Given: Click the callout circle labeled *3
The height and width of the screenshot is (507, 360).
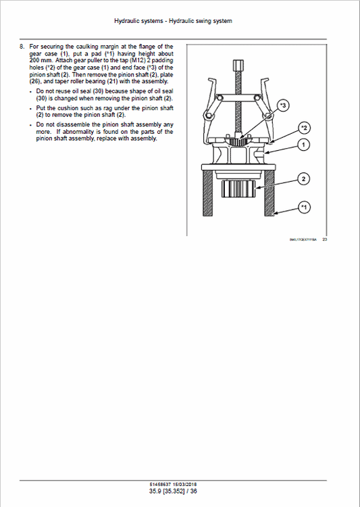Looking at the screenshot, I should tap(283, 105).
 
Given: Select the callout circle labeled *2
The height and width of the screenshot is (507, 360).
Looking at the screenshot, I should tap(305, 128).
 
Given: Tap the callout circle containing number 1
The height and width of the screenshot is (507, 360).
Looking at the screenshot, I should tap(305, 145).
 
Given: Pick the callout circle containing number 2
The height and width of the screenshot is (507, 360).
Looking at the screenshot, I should tap(305, 179).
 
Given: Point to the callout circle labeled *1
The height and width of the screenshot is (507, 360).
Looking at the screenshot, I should tap(305, 206).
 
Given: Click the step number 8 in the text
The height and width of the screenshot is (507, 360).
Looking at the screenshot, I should tap(22, 47).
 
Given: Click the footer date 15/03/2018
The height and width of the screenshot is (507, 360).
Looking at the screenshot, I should tap(188, 485).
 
